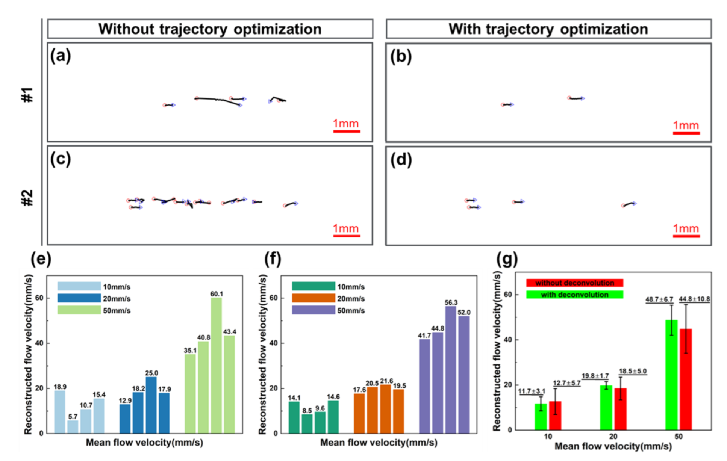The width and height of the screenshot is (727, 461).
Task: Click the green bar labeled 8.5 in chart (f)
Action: click(307, 423)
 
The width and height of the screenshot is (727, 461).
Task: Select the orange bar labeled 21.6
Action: click(385, 409)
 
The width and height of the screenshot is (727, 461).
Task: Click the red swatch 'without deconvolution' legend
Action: click(574, 283)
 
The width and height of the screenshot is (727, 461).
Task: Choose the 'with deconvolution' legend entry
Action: click(574, 295)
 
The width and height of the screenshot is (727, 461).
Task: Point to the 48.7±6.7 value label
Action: click(659, 299)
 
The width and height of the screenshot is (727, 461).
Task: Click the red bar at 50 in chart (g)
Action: click(686, 379)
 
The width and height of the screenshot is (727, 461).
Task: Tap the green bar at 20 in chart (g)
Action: click(606, 407)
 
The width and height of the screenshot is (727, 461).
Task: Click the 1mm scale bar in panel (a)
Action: click(346, 131)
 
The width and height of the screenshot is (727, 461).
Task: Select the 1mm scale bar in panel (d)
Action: click(686, 236)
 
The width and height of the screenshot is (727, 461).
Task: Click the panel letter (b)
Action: click(401, 56)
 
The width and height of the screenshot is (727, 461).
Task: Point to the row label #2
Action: click(27, 198)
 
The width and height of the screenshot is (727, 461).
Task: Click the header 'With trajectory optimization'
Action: click(548, 29)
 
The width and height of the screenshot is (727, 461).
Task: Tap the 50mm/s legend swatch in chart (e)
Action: click(79, 310)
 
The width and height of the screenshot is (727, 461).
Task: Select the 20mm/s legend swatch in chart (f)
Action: click(313, 298)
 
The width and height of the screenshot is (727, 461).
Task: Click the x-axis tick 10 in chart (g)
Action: click(548, 437)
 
